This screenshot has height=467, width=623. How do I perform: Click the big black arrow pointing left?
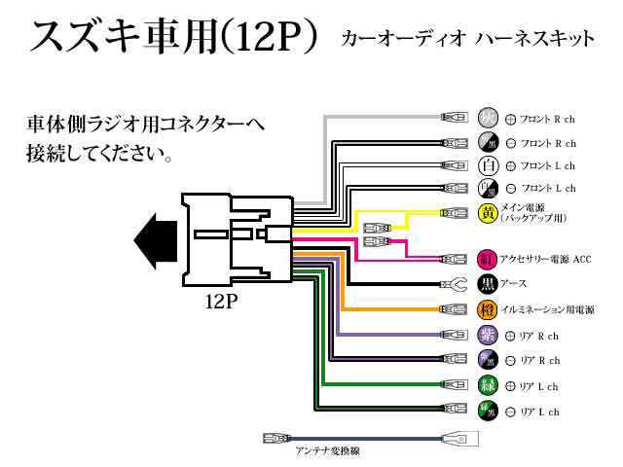(x=155, y=238)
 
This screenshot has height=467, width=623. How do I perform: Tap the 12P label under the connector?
(x=222, y=301)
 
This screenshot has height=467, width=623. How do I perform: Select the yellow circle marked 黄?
(x=489, y=212)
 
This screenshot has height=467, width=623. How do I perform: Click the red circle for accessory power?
(x=488, y=260)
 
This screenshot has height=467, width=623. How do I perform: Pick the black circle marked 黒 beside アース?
(x=488, y=285)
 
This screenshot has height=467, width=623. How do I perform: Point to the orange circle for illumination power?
(x=488, y=310)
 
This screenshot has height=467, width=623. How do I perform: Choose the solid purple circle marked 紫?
(x=488, y=336)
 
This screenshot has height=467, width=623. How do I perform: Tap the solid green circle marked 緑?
(x=488, y=385)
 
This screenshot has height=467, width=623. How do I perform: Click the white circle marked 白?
(x=489, y=165)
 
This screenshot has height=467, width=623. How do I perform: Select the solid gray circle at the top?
(x=489, y=119)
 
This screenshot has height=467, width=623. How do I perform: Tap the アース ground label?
(x=515, y=285)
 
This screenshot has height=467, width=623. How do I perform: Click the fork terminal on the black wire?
(x=453, y=285)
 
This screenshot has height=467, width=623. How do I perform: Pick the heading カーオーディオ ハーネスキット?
(x=468, y=40)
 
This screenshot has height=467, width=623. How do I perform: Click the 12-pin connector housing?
(x=236, y=239)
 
